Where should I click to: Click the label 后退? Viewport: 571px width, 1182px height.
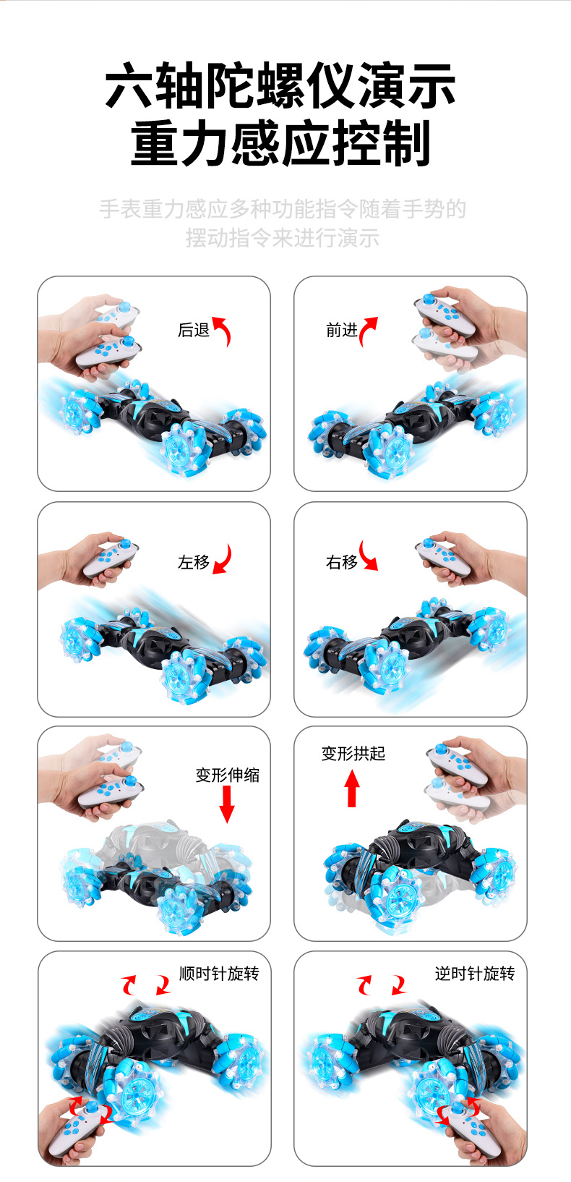coord(194,331)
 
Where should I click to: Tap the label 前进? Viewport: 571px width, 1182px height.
coord(342,331)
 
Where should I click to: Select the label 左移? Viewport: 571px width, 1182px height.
coord(194,563)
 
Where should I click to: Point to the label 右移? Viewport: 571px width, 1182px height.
coord(342,563)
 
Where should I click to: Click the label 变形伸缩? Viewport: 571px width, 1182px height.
coord(227,775)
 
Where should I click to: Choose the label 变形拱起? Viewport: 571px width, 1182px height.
coord(353,754)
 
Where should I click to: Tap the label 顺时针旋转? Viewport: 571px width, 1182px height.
coord(219,974)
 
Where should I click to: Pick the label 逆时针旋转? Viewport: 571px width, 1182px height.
coord(475,974)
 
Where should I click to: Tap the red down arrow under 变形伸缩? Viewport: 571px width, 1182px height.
coord(227,804)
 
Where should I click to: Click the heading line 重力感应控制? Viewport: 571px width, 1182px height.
coord(280,143)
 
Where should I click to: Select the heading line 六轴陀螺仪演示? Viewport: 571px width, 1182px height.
coord(280,85)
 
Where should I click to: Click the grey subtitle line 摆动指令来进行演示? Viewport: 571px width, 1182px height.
coord(283,238)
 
